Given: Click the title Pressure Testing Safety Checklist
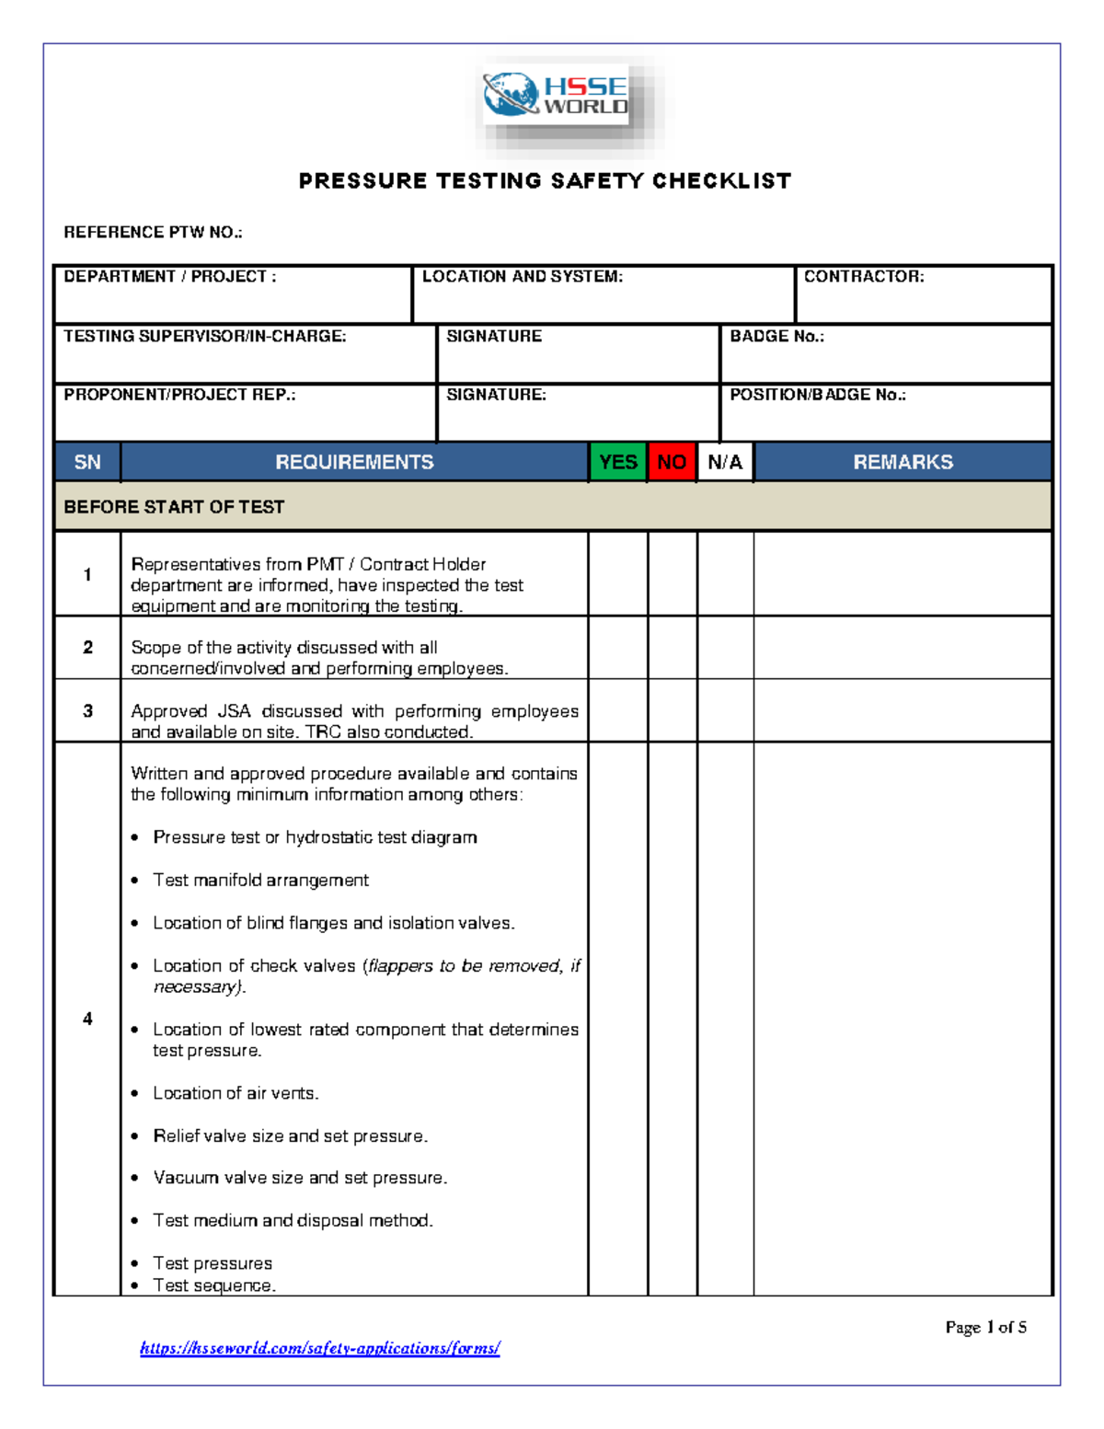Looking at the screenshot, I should pyautogui.click(x=545, y=180).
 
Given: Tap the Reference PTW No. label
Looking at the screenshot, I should pyautogui.click(x=153, y=232).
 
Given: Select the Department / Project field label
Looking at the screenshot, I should pyautogui.click(x=169, y=276).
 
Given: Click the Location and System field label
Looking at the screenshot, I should pyautogui.click(x=522, y=276).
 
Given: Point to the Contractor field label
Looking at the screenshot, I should pyautogui.click(x=863, y=276).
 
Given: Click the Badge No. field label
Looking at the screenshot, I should pyautogui.click(x=776, y=336).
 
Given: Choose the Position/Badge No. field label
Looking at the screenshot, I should pyautogui.click(x=817, y=395).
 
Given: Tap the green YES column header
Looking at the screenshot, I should pyautogui.click(x=617, y=462).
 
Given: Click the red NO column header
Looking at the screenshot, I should pyautogui.click(x=672, y=462).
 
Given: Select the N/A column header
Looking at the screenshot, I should pyautogui.click(x=725, y=462).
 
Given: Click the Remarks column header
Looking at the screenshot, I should pyautogui.click(x=903, y=462).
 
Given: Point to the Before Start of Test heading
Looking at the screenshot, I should pyautogui.click(x=174, y=507).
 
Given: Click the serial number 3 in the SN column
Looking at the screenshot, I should pyautogui.click(x=87, y=711).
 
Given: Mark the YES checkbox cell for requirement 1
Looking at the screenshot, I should pyautogui.click(x=617, y=574).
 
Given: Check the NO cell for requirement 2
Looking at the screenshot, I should pyautogui.click(x=672, y=648).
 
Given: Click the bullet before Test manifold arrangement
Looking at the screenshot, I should pyautogui.click(x=135, y=881).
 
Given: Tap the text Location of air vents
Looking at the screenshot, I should pyautogui.click(x=236, y=1093).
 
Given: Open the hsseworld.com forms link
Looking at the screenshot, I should pyautogui.click(x=319, y=1348).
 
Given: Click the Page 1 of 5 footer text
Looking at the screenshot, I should pyautogui.click(x=985, y=1327).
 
